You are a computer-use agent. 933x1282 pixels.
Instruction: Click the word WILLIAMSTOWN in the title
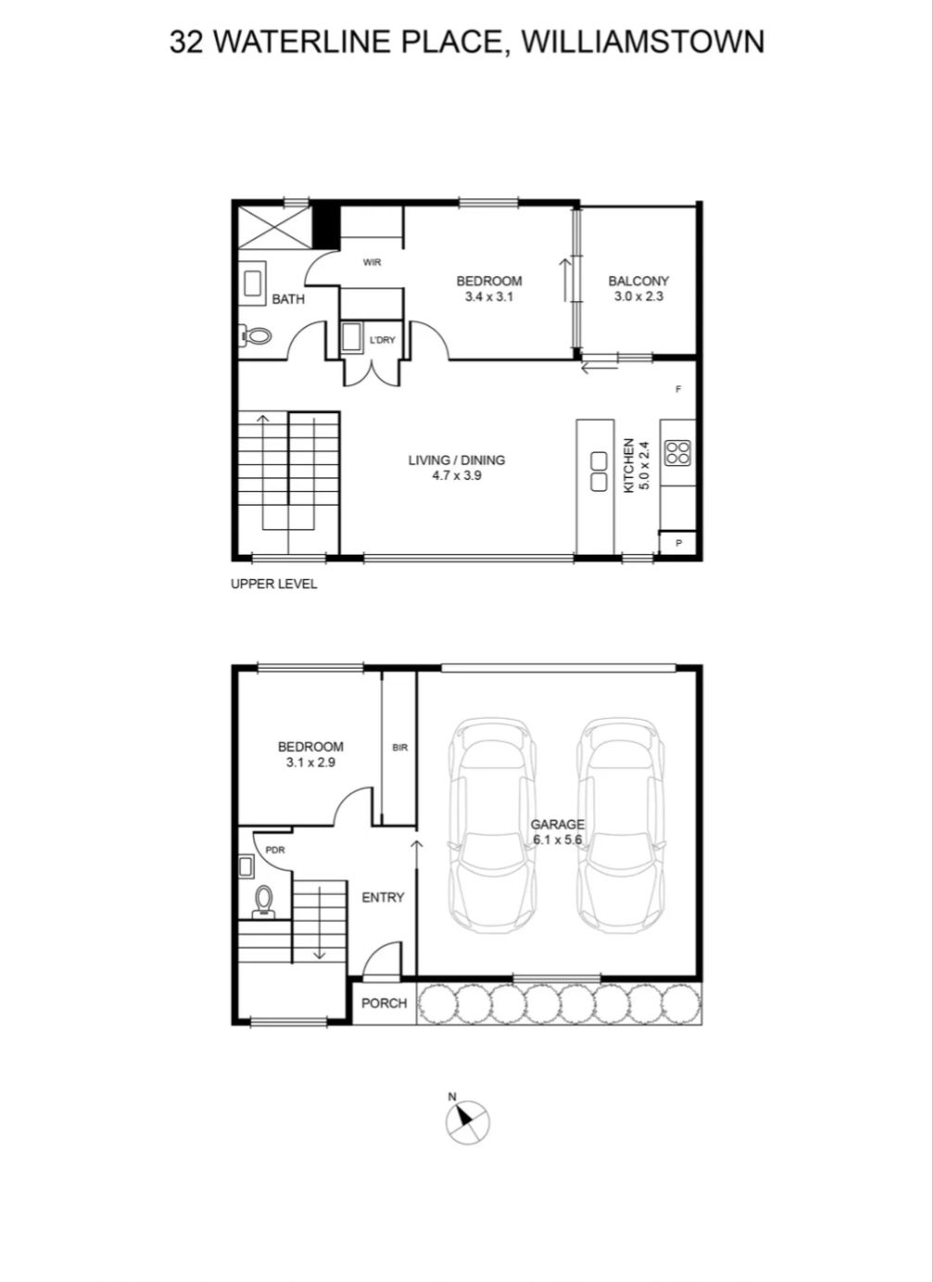pos(642,41)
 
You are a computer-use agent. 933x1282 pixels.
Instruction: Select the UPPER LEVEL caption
pos(273,584)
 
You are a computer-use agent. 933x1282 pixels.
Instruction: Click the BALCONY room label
pos(638,281)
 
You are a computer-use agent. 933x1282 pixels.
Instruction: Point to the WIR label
pos(372,263)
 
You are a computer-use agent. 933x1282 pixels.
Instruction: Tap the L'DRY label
pos(383,340)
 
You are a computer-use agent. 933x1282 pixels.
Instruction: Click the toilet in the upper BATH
pos(256,334)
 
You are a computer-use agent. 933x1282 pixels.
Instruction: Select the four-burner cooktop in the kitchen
pos(677,453)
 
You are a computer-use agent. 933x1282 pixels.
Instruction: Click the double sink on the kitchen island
pos(599,471)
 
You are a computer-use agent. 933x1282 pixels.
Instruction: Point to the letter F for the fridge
pos(678,389)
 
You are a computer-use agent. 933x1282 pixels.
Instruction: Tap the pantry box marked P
pos(677,543)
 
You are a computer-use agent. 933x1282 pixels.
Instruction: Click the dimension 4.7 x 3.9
pos(457,475)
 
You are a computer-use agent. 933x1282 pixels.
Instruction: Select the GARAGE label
pos(558,824)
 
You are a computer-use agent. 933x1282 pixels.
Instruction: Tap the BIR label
pos(400,748)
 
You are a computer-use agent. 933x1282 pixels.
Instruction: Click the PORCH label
pos(385,1003)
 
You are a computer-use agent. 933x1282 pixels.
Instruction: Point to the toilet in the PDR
pos(264,901)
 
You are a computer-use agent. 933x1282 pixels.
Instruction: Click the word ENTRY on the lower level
pos(383,898)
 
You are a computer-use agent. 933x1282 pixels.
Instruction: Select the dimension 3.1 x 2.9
pos(310,762)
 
